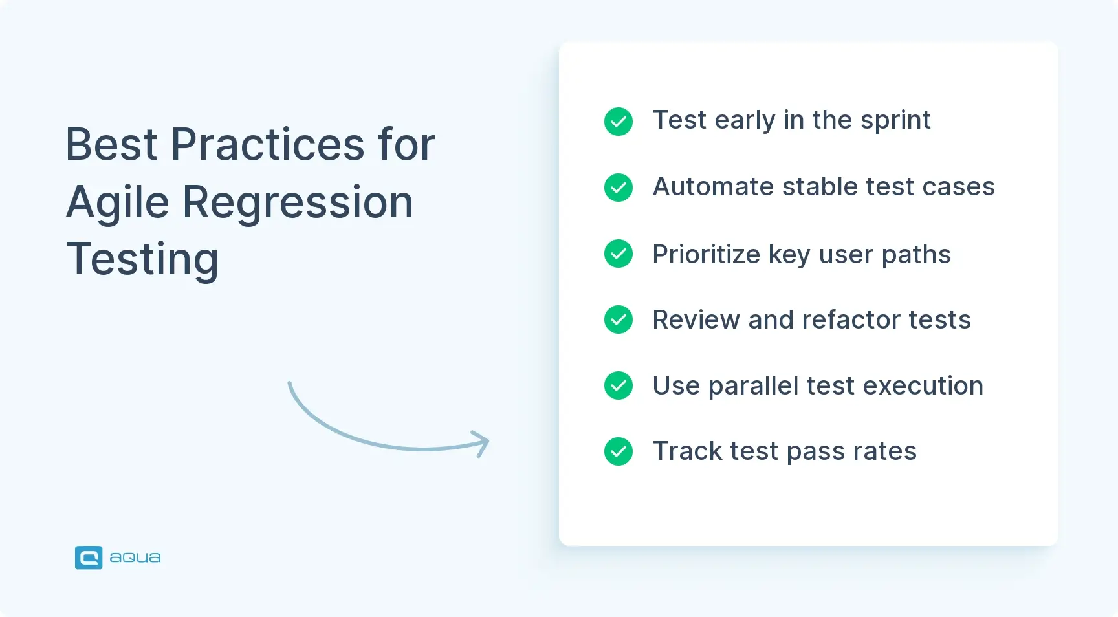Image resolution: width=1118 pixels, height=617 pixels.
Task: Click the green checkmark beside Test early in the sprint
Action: tap(619, 122)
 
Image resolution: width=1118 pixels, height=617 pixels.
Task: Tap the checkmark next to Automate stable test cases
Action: tap(619, 188)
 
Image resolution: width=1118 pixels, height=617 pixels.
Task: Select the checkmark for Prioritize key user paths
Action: tap(619, 254)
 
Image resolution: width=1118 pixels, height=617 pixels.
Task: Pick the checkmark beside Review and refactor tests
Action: tap(619, 319)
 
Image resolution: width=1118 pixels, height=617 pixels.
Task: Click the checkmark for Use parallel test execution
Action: tap(619, 385)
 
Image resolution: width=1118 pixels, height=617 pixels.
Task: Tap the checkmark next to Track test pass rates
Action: tap(619, 451)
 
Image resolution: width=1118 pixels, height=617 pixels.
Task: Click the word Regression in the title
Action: tap(298, 203)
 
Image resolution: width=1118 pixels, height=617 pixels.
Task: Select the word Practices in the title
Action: tap(267, 144)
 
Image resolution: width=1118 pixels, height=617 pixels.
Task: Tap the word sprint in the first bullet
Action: tap(895, 121)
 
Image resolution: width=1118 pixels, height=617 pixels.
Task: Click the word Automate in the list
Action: tap(713, 187)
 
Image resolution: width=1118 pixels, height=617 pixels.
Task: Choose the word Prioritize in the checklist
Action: tap(706, 254)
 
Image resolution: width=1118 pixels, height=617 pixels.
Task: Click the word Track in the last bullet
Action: tap(687, 451)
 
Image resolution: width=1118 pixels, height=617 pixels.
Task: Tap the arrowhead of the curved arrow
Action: tap(483, 444)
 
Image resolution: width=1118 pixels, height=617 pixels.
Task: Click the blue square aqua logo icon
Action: tap(89, 557)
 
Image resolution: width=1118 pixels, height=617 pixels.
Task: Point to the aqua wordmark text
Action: tap(135, 557)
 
